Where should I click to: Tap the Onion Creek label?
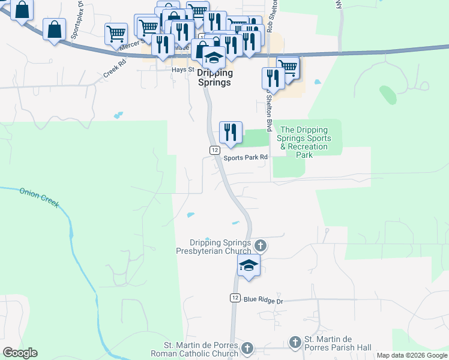point(40,197)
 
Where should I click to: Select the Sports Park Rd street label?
point(246,158)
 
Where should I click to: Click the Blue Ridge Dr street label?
point(263,298)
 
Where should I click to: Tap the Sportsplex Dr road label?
point(76,23)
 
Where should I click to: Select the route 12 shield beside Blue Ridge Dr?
point(235,298)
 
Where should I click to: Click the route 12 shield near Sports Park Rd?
point(214,149)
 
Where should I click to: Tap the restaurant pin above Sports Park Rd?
point(231,132)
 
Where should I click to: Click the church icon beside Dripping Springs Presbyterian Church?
point(260,245)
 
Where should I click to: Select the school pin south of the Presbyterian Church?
point(248,266)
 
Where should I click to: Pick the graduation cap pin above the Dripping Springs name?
point(214,58)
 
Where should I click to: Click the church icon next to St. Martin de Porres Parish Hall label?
point(295,342)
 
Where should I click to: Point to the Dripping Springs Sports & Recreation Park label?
point(304,142)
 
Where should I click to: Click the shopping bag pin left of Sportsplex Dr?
point(54,30)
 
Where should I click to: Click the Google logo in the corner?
point(19,353)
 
